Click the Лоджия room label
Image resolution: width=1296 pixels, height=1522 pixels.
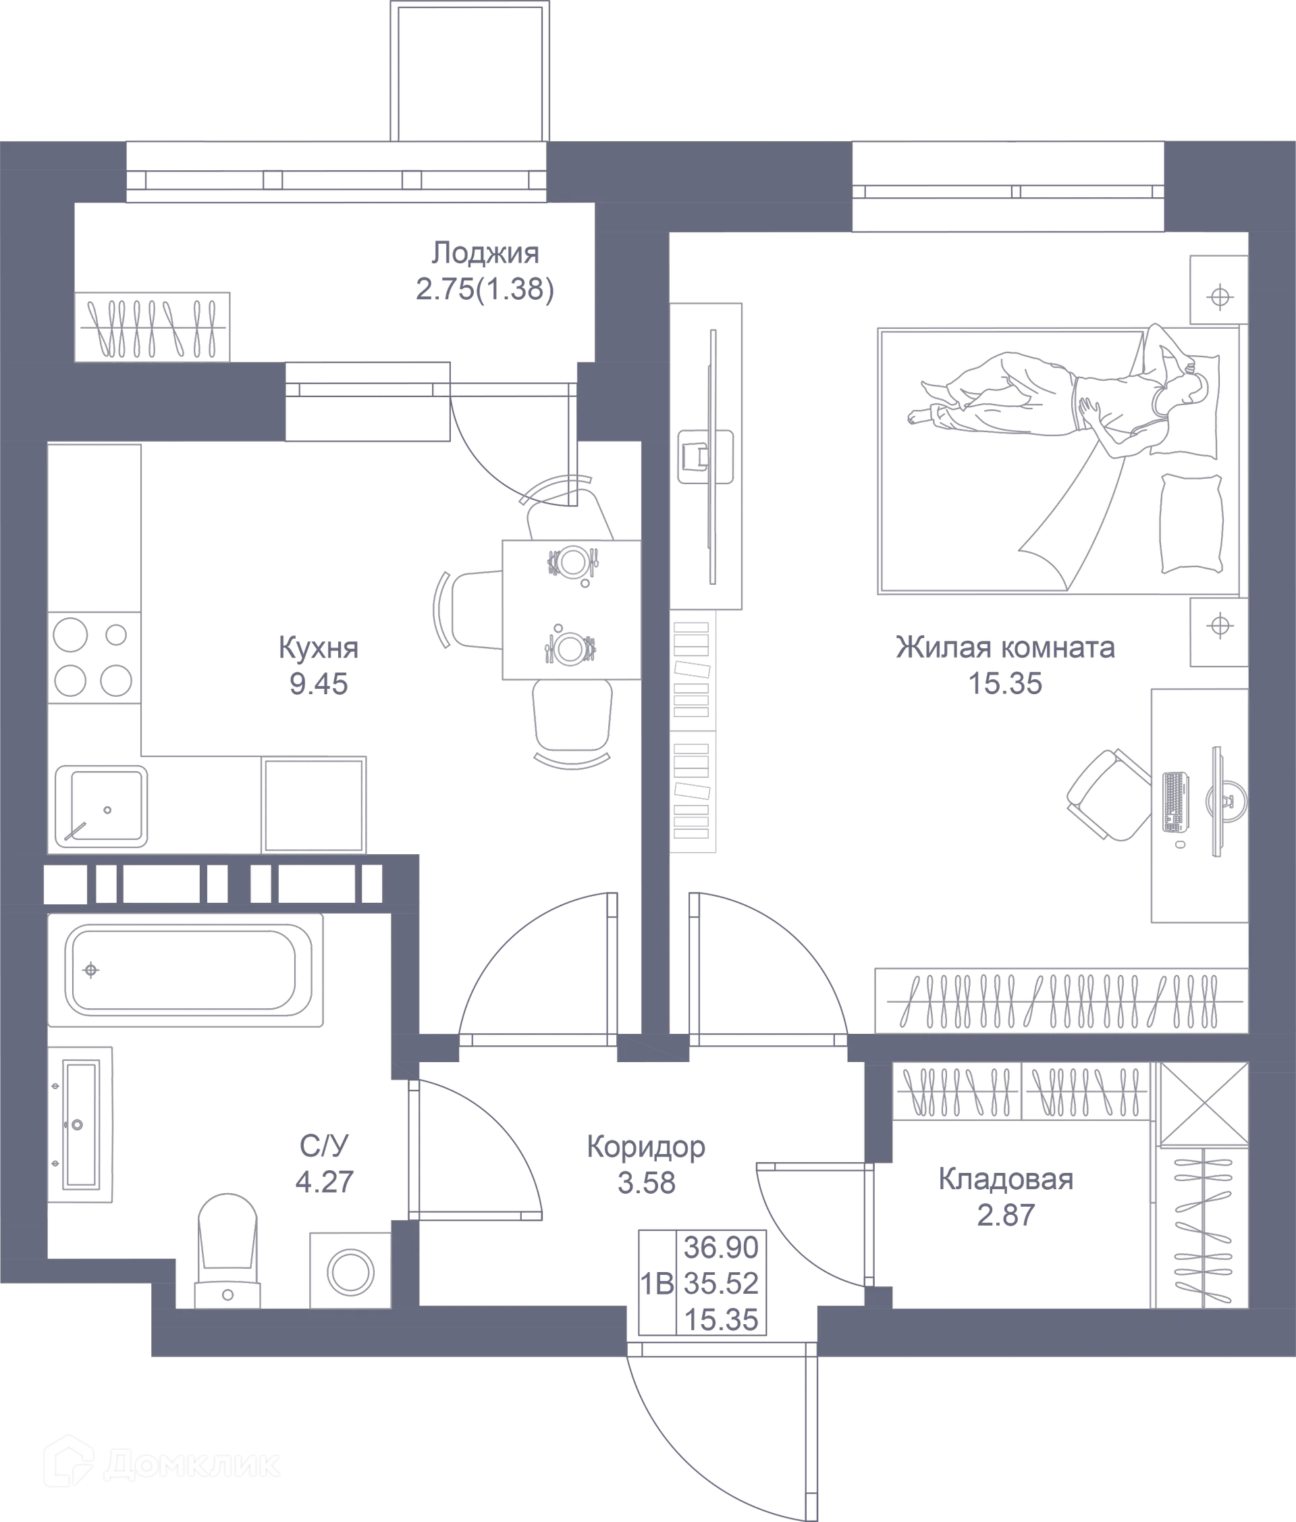pyautogui.click(x=485, y=253)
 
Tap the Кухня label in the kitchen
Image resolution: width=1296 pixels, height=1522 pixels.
pyautogui.click(x=319, y=648)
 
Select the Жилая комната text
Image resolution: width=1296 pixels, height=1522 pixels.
pyautogui.click(x=1006, y=648)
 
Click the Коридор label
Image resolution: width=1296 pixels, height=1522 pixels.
pyautogui.click(x=645, y=1147)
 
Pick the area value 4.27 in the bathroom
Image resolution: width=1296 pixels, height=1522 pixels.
pyautogui.click(x=323, y=1181)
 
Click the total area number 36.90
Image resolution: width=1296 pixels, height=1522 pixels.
pyautogui.click(x=721, y=1247)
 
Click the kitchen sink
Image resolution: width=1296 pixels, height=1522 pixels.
pyautogui.click(x=101, y=806)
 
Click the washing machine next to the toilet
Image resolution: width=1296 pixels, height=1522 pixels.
pyautogui.click(x=350, y=1271)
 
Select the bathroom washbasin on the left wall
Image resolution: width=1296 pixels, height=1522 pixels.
pyautogui.click(x=79, y=1124)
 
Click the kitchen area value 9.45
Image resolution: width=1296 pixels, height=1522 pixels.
pyautogui.click(x=319, y=685)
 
